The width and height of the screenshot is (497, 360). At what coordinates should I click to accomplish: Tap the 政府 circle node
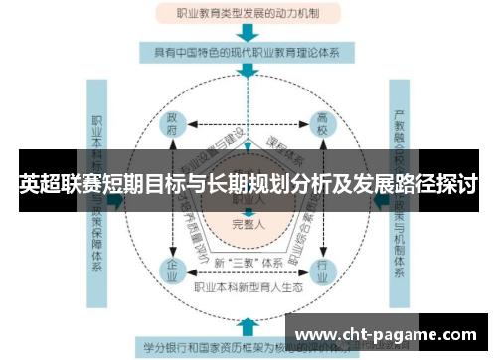(174, 126)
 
